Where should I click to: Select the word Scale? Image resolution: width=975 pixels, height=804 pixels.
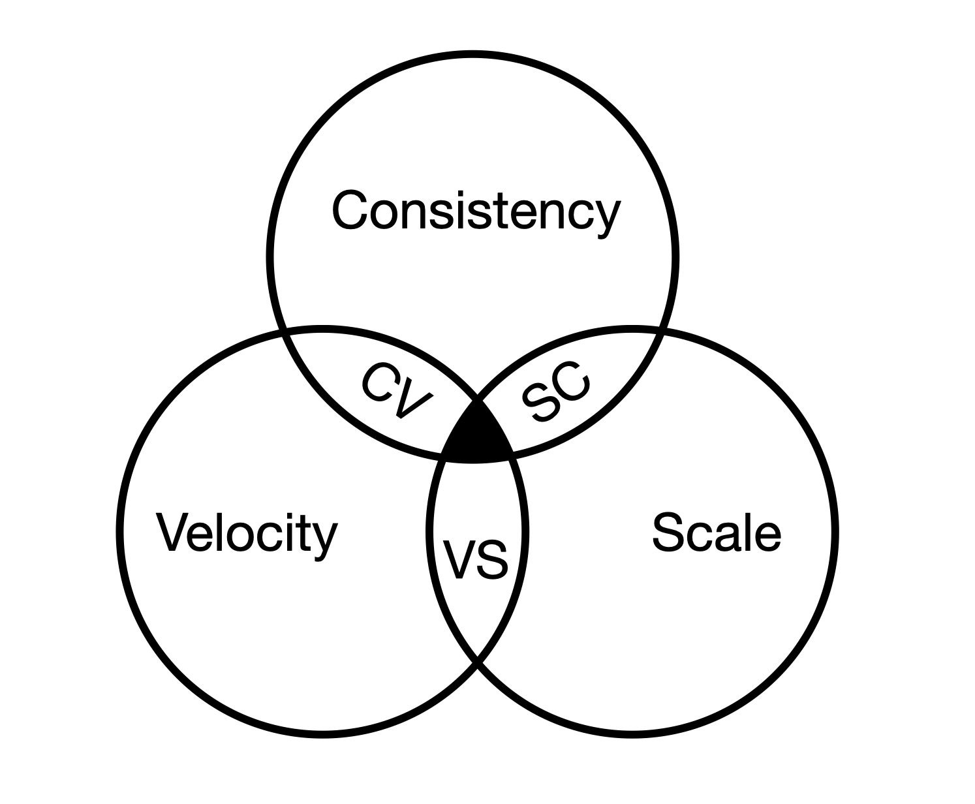[717, 533]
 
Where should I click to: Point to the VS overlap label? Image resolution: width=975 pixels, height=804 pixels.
[476, 559]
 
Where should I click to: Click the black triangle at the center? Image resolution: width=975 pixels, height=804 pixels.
[476, 437]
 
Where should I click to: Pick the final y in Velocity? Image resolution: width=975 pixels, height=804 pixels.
[325, 539]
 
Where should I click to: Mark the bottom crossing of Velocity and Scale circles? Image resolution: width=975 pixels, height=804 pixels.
[478, 665]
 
